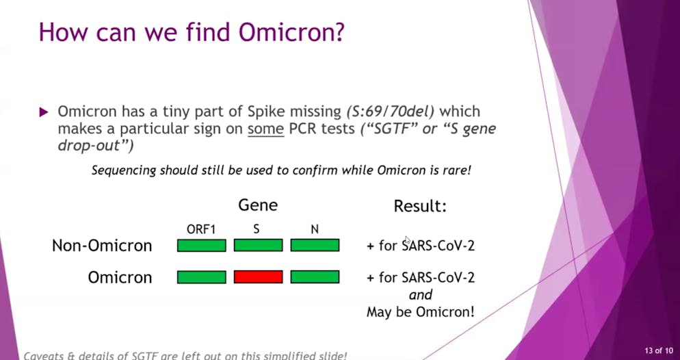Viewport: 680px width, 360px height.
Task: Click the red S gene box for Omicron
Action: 258,277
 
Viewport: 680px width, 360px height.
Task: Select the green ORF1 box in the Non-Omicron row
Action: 202,246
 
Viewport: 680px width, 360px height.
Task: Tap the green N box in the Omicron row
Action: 315,277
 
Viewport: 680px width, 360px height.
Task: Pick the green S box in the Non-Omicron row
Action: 258,246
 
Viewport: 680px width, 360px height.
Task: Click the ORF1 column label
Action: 201,229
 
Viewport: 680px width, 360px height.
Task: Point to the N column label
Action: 315,229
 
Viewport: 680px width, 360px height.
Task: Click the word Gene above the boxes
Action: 258,205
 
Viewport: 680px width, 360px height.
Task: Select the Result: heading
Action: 420,206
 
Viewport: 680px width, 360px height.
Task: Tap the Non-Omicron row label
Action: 102,246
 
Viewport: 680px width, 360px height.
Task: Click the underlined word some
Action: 266,129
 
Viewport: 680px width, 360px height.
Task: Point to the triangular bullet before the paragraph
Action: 44,112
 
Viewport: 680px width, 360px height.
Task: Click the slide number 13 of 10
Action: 659,350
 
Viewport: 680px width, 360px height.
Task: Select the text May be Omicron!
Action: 421,311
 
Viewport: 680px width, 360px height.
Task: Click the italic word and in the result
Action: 421,295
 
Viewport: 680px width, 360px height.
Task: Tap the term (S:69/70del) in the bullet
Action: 391,112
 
